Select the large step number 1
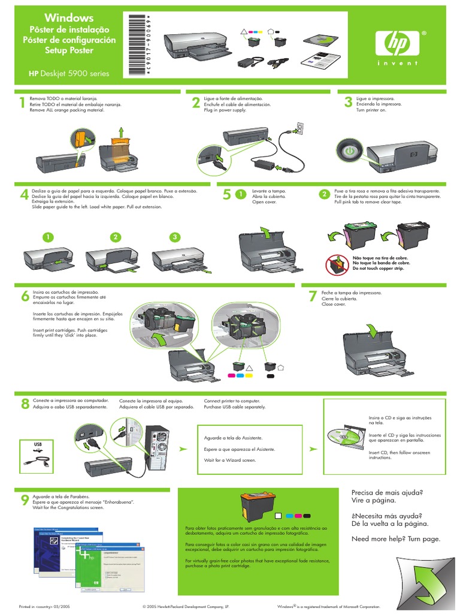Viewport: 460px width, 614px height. coord(22,103)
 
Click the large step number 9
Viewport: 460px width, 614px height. coord(25,501)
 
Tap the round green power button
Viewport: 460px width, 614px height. coord(350,150)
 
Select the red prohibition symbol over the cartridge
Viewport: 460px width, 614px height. coord(335,263)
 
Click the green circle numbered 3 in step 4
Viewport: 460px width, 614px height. coord(174,237)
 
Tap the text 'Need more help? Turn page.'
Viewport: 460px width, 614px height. coord(396,538)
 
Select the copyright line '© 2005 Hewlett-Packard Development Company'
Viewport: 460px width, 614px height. coord(186,607)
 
